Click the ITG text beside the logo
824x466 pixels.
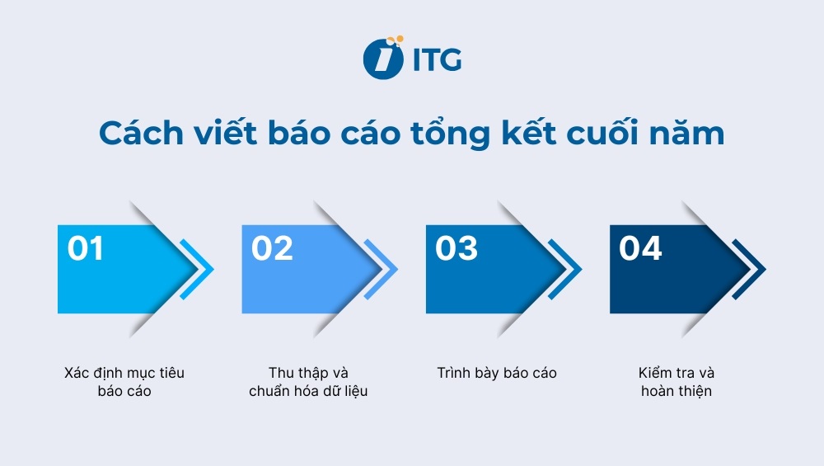[436, 60]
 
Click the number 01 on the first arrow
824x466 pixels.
[86, 248]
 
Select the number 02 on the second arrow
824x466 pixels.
[272, 248]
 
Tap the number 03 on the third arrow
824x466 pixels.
[456, 248]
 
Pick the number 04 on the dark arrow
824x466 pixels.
[640, 248]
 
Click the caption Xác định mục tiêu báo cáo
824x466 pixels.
[124, 382]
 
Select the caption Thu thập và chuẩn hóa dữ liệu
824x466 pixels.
[308, 382]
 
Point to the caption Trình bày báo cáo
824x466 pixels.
[497, 373]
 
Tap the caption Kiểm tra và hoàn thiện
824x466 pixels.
[677, 382]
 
